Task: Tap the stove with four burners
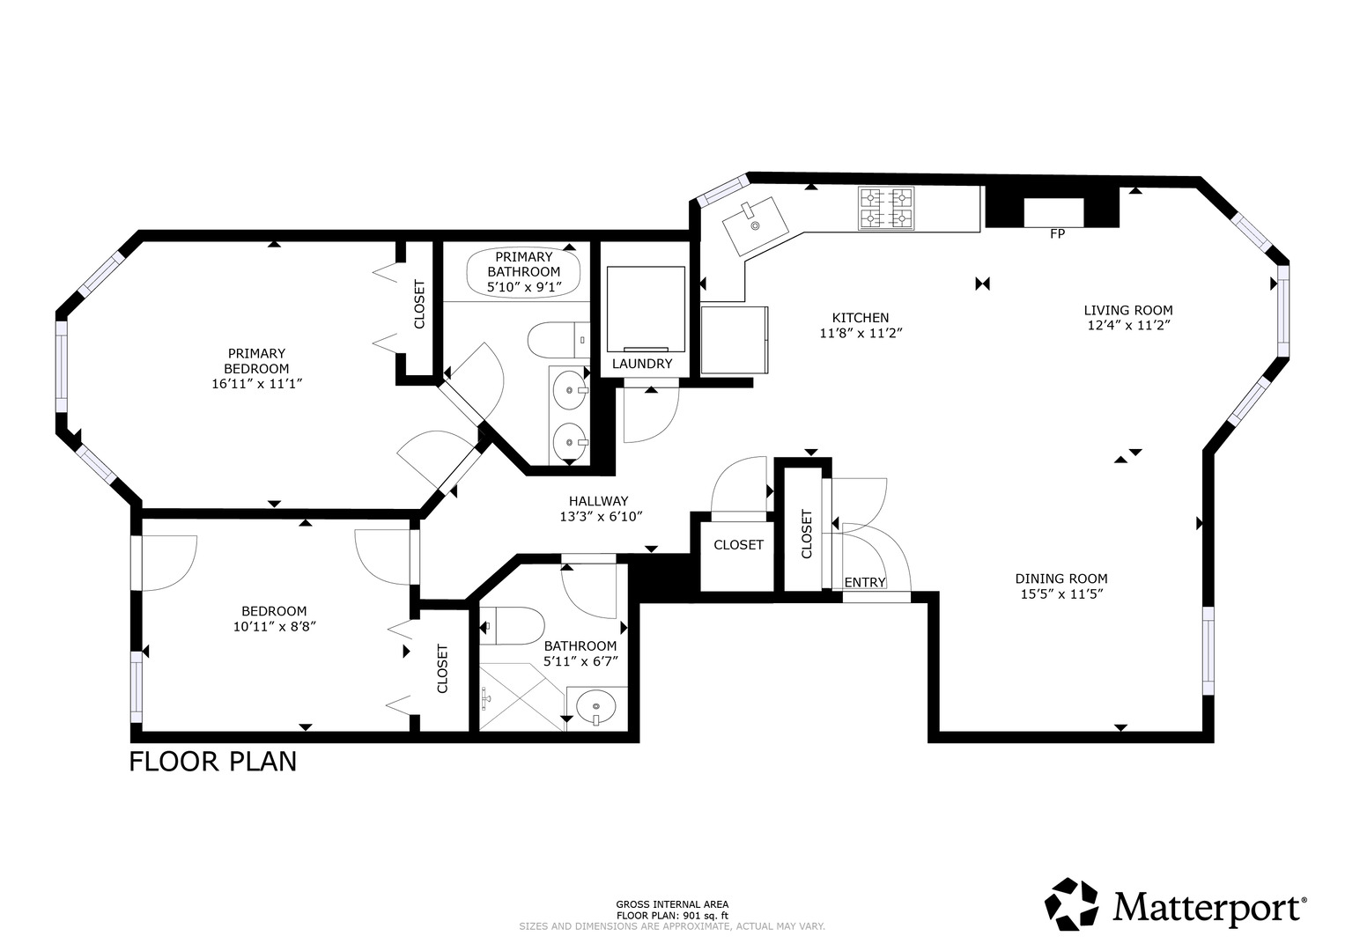(x=886, y=210)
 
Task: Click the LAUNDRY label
(x=641, y=364)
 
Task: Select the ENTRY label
(x=864, y=583)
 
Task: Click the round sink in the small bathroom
(x=596, y=707)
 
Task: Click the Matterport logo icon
(x=1072, y=904)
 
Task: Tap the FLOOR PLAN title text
(x=212, y=761)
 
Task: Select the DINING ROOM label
(x=1060, y=579)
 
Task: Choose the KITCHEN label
(x=860, y=318)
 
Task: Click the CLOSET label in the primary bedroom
(x=419, y=305)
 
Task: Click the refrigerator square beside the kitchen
(x=735, y=340)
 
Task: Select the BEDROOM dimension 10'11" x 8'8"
(x=274, y=627)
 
